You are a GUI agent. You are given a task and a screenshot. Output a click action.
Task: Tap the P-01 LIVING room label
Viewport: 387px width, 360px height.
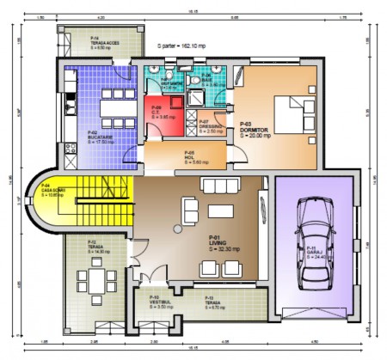[219, 242]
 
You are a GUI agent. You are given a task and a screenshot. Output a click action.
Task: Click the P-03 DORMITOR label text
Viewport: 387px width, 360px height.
[255, 131]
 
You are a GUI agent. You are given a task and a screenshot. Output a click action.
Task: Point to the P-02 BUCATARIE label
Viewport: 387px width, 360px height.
[100, 137]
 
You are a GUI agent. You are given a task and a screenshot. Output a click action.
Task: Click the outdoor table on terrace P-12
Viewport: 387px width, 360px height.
[95, 281]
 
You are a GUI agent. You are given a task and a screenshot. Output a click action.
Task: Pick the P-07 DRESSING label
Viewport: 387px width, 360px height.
[209, 128]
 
